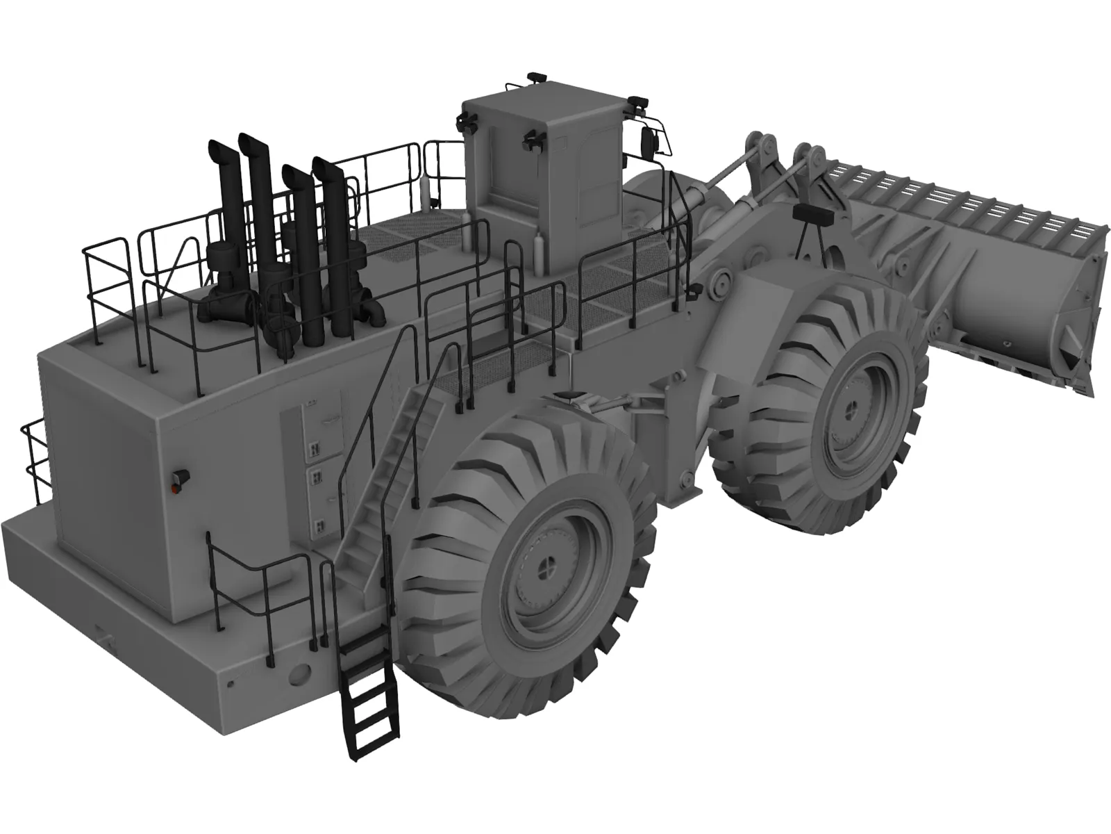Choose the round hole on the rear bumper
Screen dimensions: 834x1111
click(299, 673)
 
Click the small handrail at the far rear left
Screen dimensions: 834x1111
click(35, 459)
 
